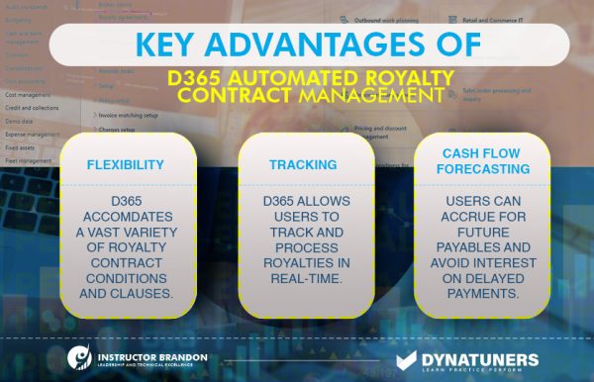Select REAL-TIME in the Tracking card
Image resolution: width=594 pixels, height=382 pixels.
pyautogui.click(x=297, y=279)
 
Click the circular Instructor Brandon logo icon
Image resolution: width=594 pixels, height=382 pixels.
pyautogui.click(x=80, y=357)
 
